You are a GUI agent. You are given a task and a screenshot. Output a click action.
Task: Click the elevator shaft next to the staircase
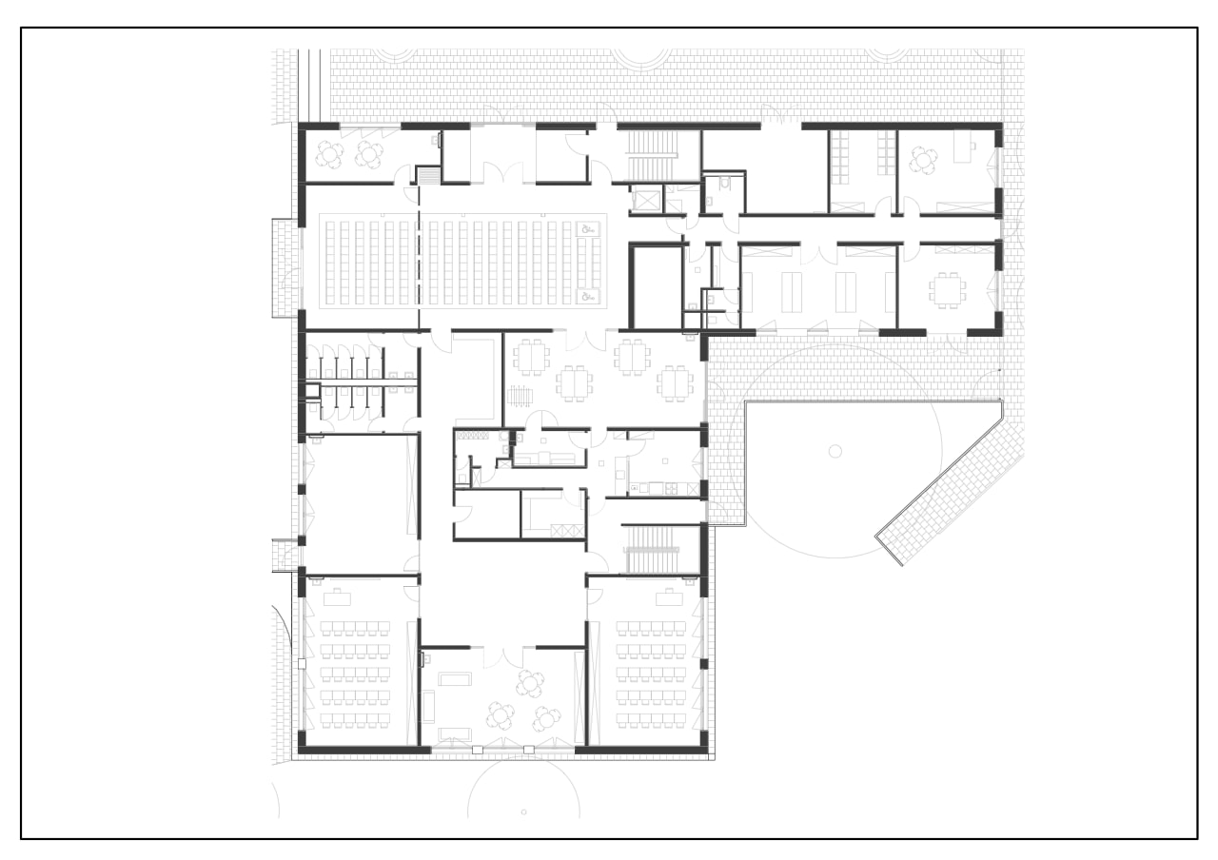tap(646, 200)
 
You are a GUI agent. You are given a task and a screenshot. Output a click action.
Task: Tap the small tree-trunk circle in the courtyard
tap(835, 449)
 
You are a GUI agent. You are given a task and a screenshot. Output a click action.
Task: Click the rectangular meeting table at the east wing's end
tap(948, 289)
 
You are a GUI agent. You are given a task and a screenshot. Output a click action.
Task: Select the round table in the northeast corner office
tap(923, 159)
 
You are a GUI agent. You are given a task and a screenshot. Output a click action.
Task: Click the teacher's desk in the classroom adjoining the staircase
tap(666, 596)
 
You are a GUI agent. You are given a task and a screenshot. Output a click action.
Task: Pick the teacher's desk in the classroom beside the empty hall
tap(337, 597)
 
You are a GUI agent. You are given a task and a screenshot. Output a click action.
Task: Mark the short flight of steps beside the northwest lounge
tap(428, 176)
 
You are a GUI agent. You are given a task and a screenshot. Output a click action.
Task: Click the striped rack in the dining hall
tap(520, 395)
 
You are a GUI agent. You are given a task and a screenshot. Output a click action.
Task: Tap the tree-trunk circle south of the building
tap(523, 811)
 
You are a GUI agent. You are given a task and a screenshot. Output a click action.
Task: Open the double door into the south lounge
tap(501, 655)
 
